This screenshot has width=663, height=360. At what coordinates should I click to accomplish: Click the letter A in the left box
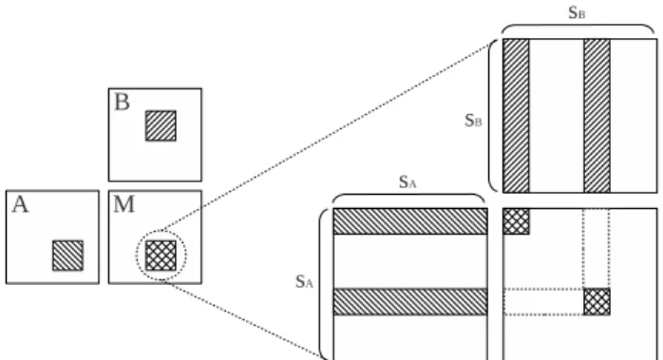pos(20,205)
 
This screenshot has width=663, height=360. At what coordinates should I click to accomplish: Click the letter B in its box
pos(123,103)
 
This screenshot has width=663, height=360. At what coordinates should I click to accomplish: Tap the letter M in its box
pos(123,204)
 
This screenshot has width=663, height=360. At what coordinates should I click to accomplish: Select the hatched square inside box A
pos(67,256)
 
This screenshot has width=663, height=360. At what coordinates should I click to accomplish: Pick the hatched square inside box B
pos(161,125)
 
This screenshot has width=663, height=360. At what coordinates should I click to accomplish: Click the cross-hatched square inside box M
pos(161,256)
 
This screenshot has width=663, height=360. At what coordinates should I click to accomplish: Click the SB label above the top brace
pos(577,12)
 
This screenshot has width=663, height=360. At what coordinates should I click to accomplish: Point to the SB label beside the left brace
pos(473,121)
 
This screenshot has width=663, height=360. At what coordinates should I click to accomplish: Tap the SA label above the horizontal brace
pos(407,182)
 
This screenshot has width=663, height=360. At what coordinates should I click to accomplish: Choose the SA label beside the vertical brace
pos(304,281)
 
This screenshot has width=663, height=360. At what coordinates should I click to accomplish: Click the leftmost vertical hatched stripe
pos(516,116)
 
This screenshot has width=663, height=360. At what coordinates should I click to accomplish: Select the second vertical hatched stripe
pos(597,116)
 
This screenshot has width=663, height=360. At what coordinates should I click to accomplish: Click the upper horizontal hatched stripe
pos(410,221)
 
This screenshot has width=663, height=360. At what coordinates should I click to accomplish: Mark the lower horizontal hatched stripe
pos(410,302)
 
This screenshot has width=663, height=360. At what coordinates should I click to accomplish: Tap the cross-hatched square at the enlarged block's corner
pos(516,221)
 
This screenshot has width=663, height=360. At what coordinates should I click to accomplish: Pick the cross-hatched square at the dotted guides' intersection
pos(597,302)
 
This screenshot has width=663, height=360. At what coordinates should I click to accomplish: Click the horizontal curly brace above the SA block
pos(408,195)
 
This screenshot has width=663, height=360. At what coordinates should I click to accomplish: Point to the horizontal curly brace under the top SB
pos(578,25)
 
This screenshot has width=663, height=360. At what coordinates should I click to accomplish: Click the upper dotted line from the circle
pos(326,137)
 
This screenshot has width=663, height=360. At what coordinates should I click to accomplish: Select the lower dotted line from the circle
pos(244,319)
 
